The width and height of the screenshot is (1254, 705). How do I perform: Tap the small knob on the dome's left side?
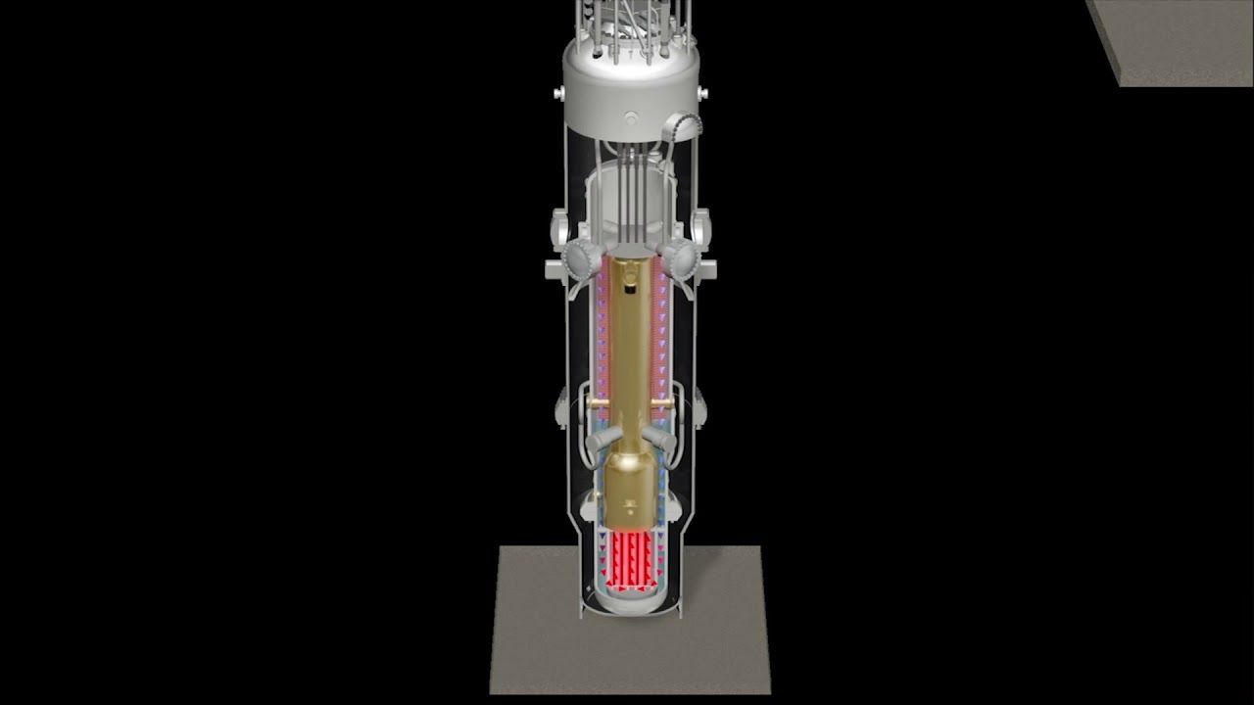pos(559,93)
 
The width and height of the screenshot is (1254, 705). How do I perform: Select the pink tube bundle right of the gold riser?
pos(661,333)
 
